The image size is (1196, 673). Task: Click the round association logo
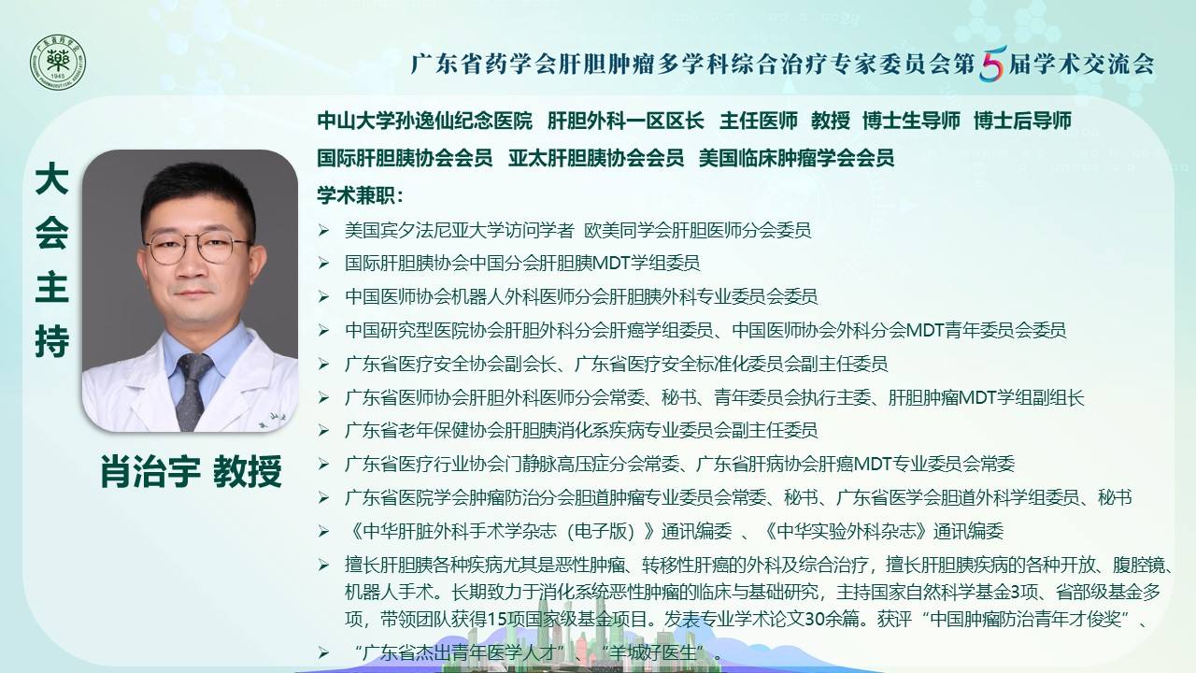(x=58, y=63)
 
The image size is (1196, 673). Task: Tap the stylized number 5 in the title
(x=992, y=64)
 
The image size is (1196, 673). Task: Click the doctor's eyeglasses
(x=197, y=249)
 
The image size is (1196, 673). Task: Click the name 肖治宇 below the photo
(x=150, y=472)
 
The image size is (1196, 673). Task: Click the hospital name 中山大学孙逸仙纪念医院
(x=424, y=121)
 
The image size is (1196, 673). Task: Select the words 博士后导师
(x=1022, y=121)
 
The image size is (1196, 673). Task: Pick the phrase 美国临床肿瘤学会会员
(x=796, y=158)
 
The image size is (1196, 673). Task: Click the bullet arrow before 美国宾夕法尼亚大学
(x=323, y=230)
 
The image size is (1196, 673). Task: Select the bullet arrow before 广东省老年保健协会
(x=323, y=431)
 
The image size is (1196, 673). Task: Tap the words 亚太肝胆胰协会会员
(x=596, y=158)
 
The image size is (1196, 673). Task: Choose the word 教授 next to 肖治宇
(x=248, y=472)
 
